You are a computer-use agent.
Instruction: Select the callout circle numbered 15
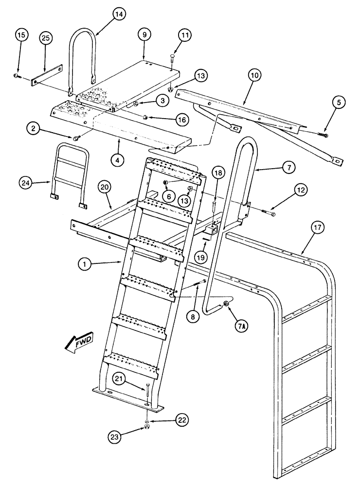19,35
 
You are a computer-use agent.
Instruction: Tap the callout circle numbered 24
26,182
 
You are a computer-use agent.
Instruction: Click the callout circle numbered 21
119,379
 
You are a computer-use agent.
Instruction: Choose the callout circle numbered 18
218,174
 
